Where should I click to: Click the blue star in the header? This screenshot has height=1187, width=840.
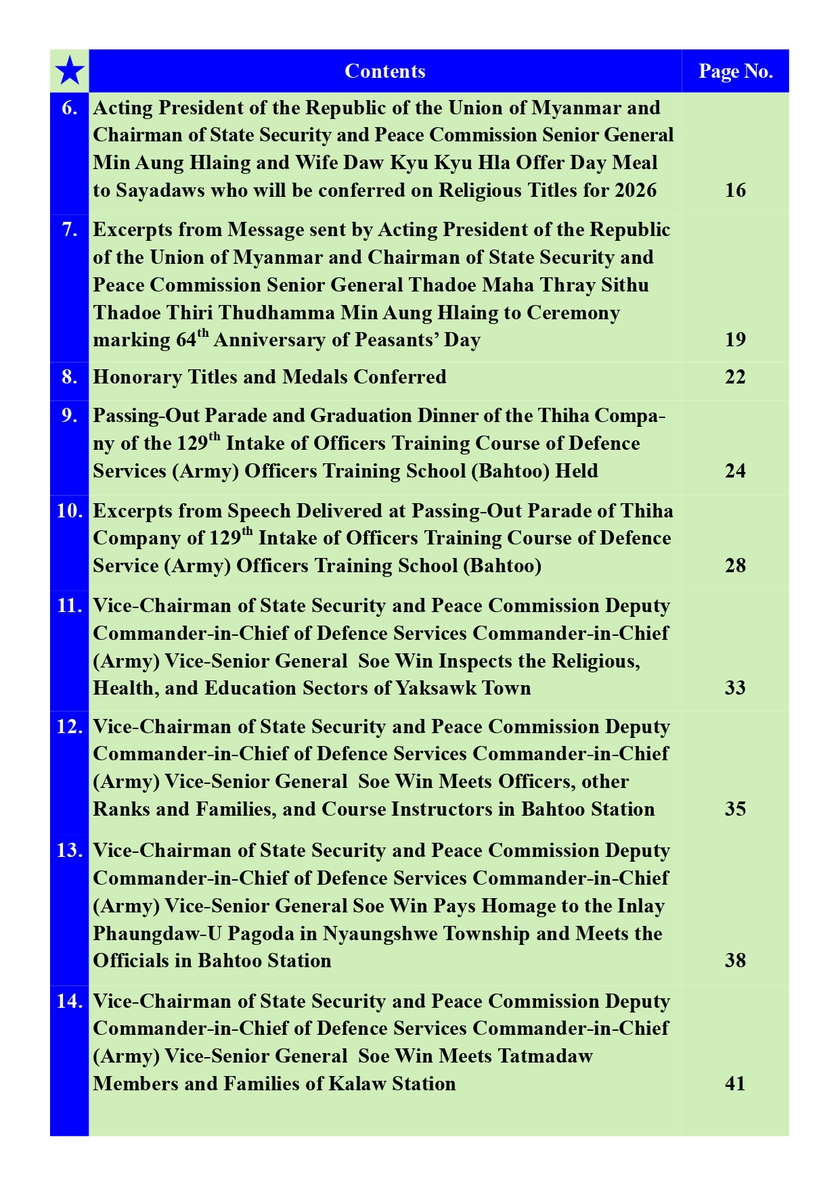70,71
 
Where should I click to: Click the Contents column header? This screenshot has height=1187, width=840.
384,71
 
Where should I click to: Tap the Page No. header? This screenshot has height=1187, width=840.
735,71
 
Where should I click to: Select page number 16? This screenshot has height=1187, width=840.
735,190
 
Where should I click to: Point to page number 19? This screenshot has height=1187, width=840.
735,339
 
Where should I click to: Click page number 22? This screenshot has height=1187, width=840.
735,377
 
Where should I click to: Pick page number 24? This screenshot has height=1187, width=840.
735,471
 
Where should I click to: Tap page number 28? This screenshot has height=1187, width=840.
735,565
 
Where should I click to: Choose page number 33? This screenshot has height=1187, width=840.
735,688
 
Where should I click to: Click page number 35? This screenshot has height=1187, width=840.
735,809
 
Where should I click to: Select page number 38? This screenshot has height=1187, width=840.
735,960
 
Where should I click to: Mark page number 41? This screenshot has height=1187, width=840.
735,1084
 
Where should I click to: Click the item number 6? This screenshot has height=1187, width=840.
70,108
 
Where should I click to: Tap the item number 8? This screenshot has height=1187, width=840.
70,377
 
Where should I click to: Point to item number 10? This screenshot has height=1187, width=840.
70,511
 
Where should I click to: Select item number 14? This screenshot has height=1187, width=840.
70,1001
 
